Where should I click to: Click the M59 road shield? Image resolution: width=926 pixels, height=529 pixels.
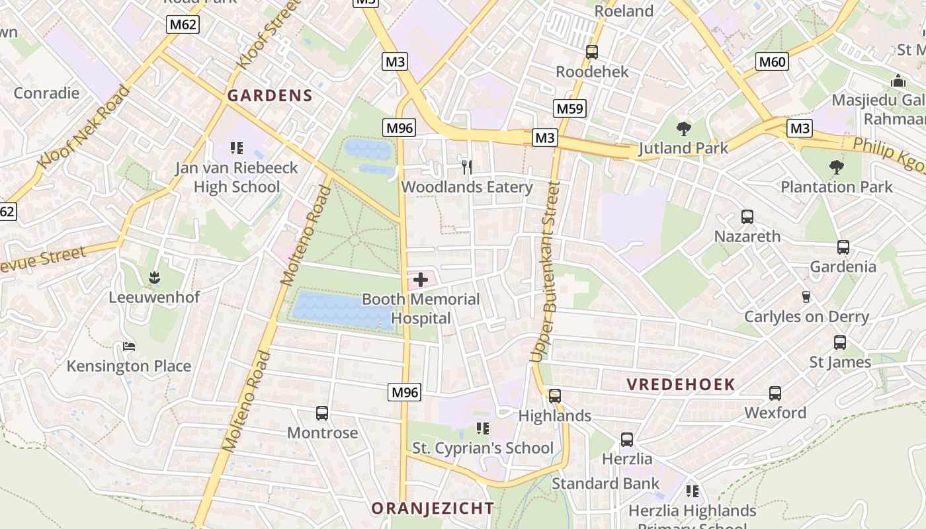click(x=570, y=108)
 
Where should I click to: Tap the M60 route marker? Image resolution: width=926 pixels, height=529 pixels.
click(x=772, y=62)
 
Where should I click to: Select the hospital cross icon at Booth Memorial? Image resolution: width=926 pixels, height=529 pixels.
click(x=420, y=280)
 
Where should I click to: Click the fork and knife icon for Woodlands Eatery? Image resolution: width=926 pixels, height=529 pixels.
click(x=467, y=167)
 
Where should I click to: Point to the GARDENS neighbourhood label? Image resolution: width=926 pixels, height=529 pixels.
click(x=270, y=95)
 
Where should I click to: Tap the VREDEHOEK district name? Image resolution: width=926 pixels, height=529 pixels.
click(x=681, y=384)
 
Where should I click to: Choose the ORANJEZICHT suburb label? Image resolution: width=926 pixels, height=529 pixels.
click(x=433, y=509)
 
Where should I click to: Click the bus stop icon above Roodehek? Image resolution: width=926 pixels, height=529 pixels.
click(x=592, y=52)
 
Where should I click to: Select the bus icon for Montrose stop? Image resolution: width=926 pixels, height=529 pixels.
click(x=322, y=413)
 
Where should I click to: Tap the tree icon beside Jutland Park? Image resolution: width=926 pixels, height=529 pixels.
click(x=684, y=128)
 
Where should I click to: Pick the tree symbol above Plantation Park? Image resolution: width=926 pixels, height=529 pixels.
click(x=837, y=167)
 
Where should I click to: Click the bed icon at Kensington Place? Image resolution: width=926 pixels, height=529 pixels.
click(x=129, y=346)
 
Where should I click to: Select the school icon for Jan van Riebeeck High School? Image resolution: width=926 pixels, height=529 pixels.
click(x=236, y=148)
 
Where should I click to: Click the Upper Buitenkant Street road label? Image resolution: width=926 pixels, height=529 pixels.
click(x=546, y=271)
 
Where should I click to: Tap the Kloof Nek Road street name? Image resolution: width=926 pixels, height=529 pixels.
click(x=84, y=126)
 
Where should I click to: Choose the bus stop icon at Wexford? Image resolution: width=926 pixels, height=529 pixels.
click(x=775, y=393)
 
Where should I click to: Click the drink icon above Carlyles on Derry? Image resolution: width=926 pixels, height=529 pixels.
click(x=806, y=297)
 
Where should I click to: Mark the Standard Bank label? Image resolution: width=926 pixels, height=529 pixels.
click(x=605, y=483)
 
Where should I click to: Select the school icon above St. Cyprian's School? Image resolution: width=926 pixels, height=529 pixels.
click(x=483, y=428)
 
